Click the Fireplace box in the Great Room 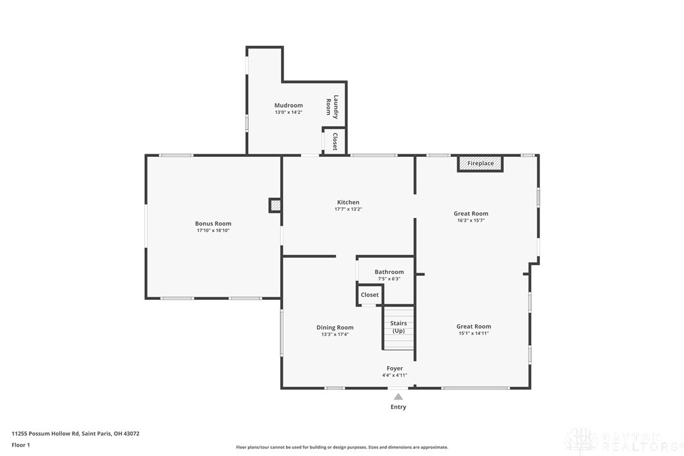click(481, 164)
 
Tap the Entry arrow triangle click(398, 397)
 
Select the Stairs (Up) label click(398, 327)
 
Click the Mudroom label click(288, 105)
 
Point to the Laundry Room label click(332, 107)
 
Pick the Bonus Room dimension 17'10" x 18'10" click(214, 231)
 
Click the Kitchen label click(348, 202)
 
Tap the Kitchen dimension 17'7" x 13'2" click(348, 209)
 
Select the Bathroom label click(389, 272)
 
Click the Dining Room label click(335, 328)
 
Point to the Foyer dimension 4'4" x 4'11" click(395, 375)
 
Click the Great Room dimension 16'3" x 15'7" click(471, 220)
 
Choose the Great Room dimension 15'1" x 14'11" click(474, 333)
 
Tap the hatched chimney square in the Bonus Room click(275, 205)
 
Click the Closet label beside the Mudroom click(334, 141)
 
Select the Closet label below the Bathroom click(370, 295)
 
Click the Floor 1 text click(21, 445)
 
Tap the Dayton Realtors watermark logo click(623, 441)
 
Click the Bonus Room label click(214, 224)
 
